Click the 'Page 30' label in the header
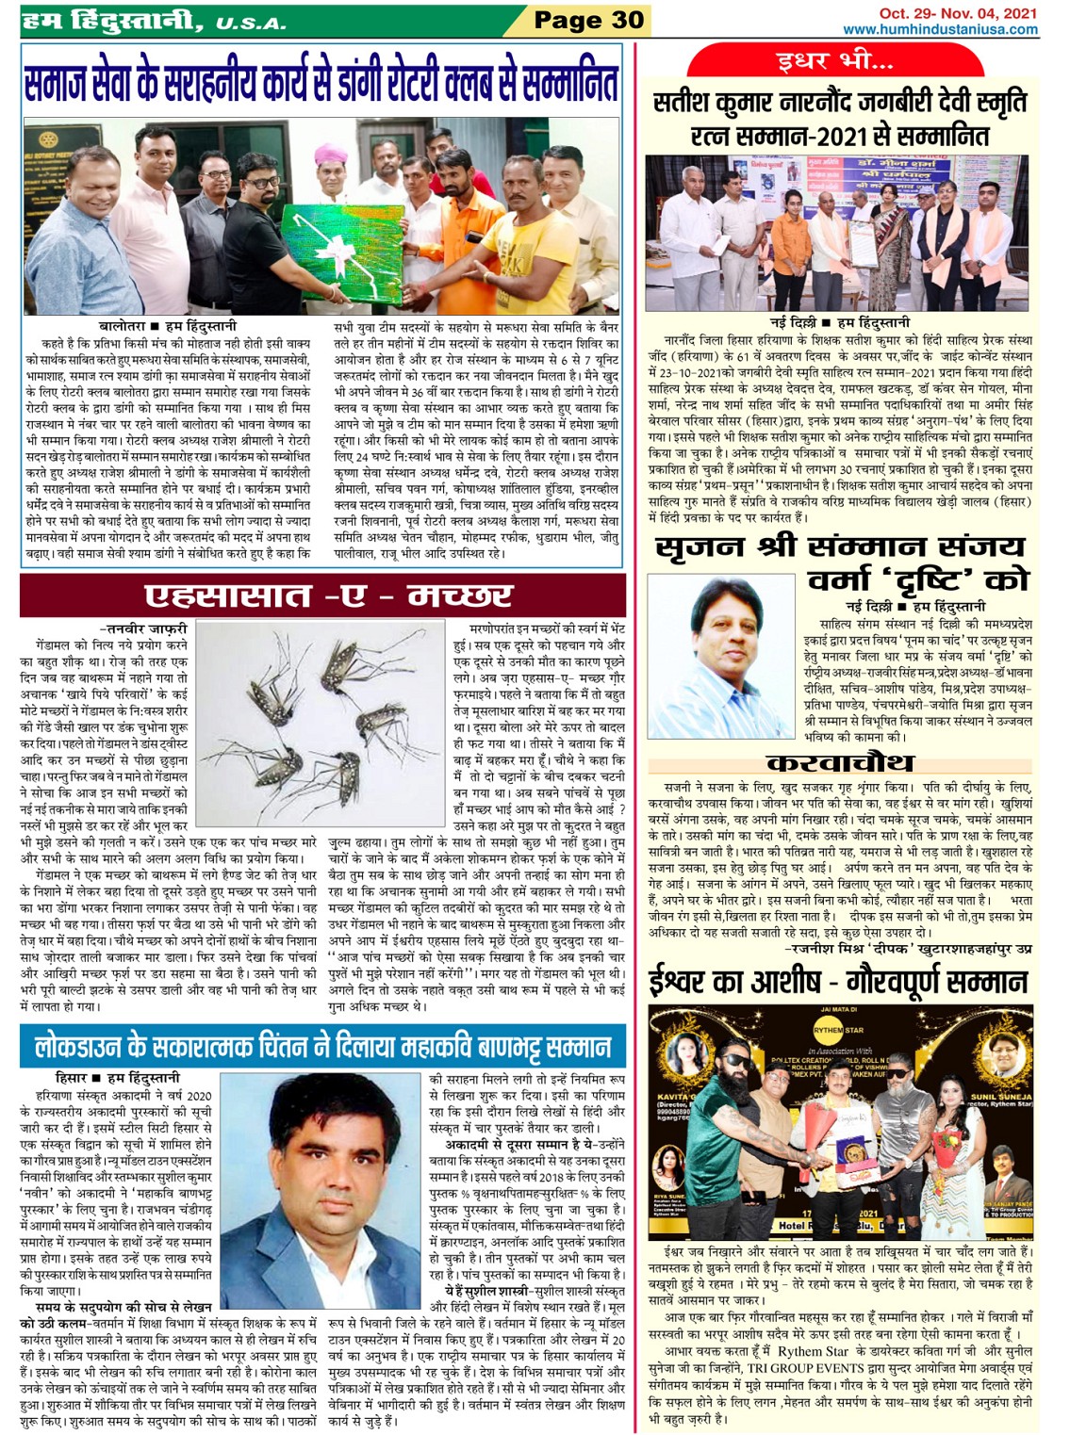[x=588, y=20]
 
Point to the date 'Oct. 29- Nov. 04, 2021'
[x=958, y=13]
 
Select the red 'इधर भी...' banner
[x=834, y=62]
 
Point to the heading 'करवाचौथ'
[x=839, y=762]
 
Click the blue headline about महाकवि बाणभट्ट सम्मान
[x=322, y=1048]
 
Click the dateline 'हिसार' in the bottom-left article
[x=71, y=1077]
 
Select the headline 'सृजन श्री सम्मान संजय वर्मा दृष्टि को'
[x=840, y=563]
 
